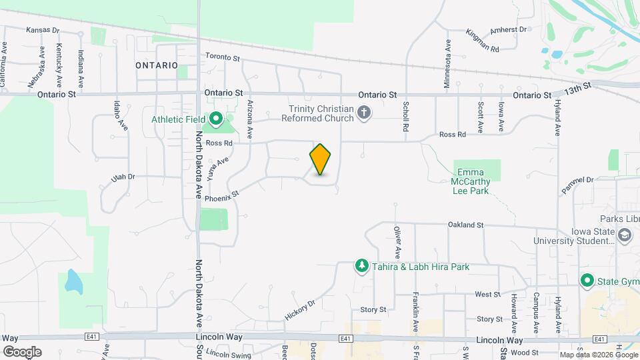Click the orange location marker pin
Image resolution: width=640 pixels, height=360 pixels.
pos(321,159)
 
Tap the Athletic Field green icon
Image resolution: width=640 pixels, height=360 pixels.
pos(216,120)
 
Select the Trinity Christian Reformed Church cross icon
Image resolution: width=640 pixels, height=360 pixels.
pos(364,113)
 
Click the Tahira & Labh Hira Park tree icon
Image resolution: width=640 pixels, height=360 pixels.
pos(361,267)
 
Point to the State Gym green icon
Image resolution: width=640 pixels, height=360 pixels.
pos(587,280)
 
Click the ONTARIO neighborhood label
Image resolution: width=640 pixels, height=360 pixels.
pos(156,65)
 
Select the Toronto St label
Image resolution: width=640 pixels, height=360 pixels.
pos(223,58)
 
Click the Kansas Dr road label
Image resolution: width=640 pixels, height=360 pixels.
pos(43,31)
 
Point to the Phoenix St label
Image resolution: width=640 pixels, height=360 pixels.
pos(222,196)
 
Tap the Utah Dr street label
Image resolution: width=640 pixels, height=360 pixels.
pos(123,177)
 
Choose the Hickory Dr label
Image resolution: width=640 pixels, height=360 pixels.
pos(299,311)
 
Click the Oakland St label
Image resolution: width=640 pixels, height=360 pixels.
pos(465,225)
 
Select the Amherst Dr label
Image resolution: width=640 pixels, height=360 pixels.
pos(508,29)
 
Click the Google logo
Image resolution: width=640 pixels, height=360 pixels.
pos(22,352)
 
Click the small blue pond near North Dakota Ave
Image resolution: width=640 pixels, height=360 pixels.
pos(72,281)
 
